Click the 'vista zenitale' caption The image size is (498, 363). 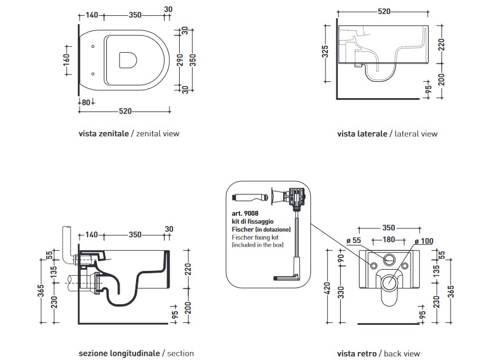pyautogui.click(x=104, y=134)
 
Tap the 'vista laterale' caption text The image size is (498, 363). pyautogui.click(x=362, y=134)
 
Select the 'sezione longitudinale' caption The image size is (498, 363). pyautogui.click(x=119, y=353)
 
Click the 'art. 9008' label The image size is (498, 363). pyautogui.click(x=244, y=213)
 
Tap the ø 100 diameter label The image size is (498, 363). pyautogui.click(x=425, y=241)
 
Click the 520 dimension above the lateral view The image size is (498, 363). pyautogui.click(x=383, y=11)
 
